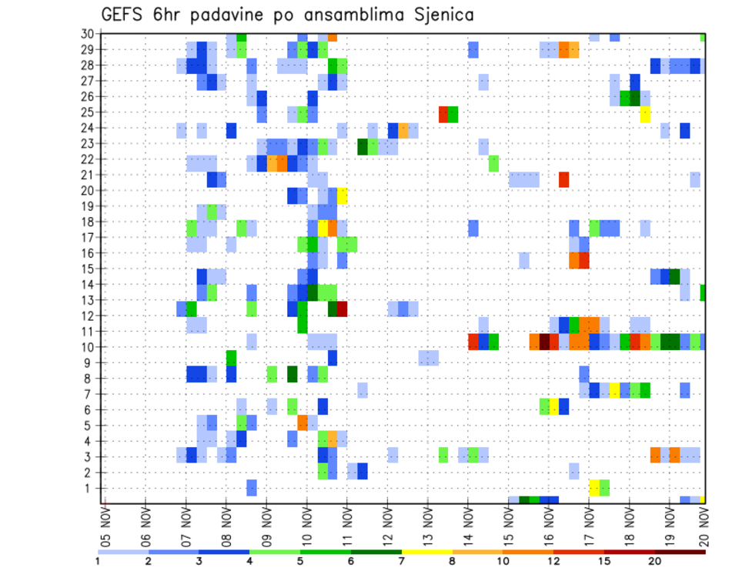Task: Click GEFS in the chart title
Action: pyautogui.click(x=122, y=15)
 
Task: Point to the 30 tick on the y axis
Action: pyautogui.click(x=87, y=34)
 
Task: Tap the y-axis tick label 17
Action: pyautogui.click(x=87, y=238)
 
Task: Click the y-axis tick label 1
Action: pyautogui.click(x=90, y=488)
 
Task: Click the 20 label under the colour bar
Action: pyautogui.click(x=654, y=560)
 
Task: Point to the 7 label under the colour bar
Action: pyautogui.click(x=401, y=560)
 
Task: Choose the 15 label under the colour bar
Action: pyautogui.click(x=604, y=560)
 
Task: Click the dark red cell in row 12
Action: pyautogui.click(x=342, y=309)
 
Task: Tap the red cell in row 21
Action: pyautogui.click(x=563, y=179)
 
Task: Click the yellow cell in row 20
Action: pyautogui.click(x=342, y=195)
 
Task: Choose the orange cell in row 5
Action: pyautogui.click(x=303, y=422)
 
